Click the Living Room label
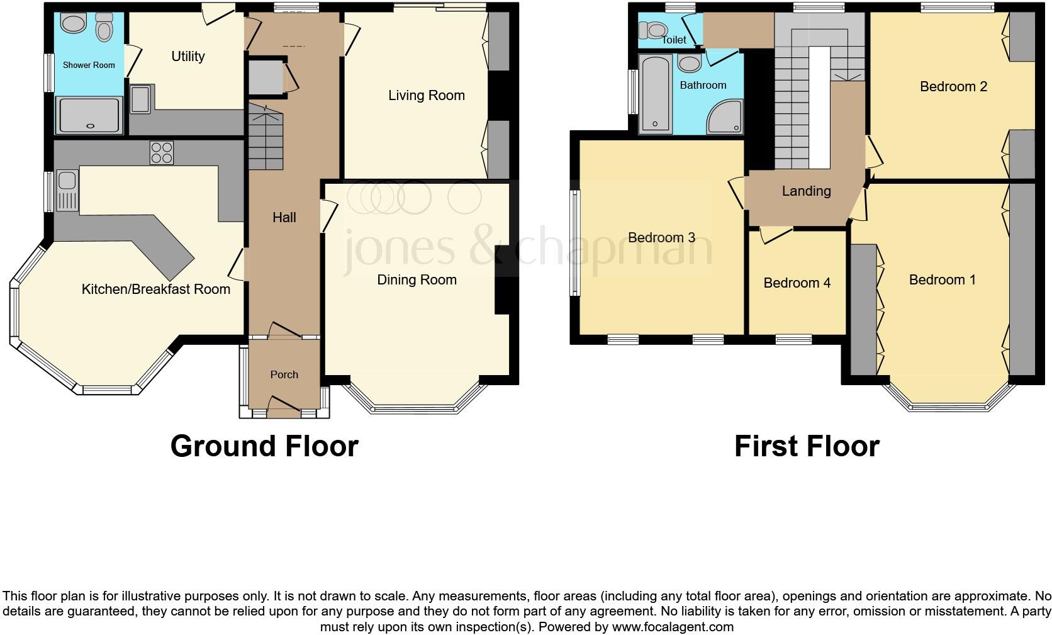tap(426, 96)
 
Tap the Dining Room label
tap(417, 280)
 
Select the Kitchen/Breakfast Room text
tap(155, 289)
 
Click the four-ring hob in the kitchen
tap(161, 153)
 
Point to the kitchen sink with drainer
tap(66, 190)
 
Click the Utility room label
tap(187, 57)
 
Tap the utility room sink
tap(140, 99)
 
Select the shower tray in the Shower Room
tap(89, 115)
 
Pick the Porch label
tap(284, 374)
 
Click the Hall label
tap(284, 218)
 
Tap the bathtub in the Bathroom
tap(656, 93)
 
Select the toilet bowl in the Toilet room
tap(654, 30)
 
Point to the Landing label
tap(806, 191)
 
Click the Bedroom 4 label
tap(797, 283)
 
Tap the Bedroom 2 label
tap(953, 87)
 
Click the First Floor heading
tap(806, 446)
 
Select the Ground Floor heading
tap(264, 446)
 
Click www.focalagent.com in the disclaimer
tap(673, 627)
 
